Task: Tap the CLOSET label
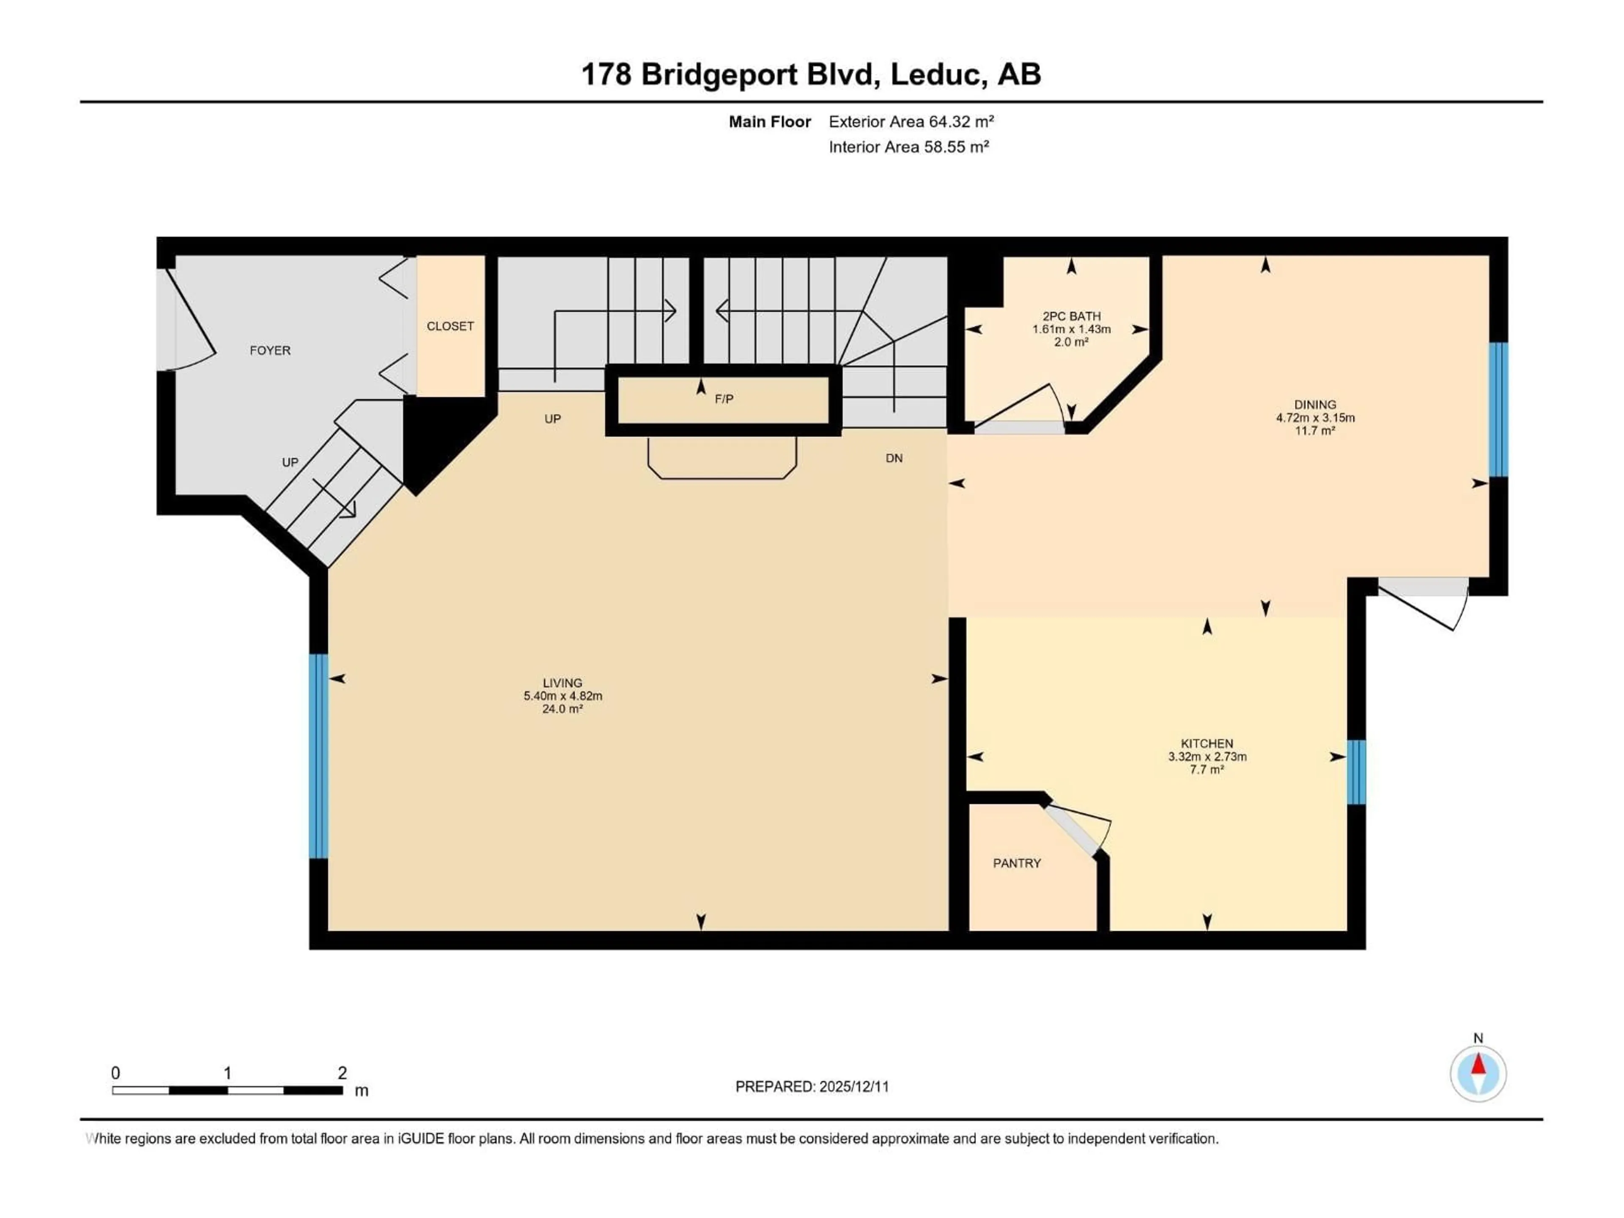click(450, 326)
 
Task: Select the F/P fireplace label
click(724, 399)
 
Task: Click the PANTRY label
click(1017, 864)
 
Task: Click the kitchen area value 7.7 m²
click(1207, 769)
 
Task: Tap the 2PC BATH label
click(1071, 316)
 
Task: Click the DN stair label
click(894, 458)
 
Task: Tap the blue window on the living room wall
click(318, 756)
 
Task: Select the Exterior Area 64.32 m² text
click(911, 122)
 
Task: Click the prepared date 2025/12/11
click(852, 1086)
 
